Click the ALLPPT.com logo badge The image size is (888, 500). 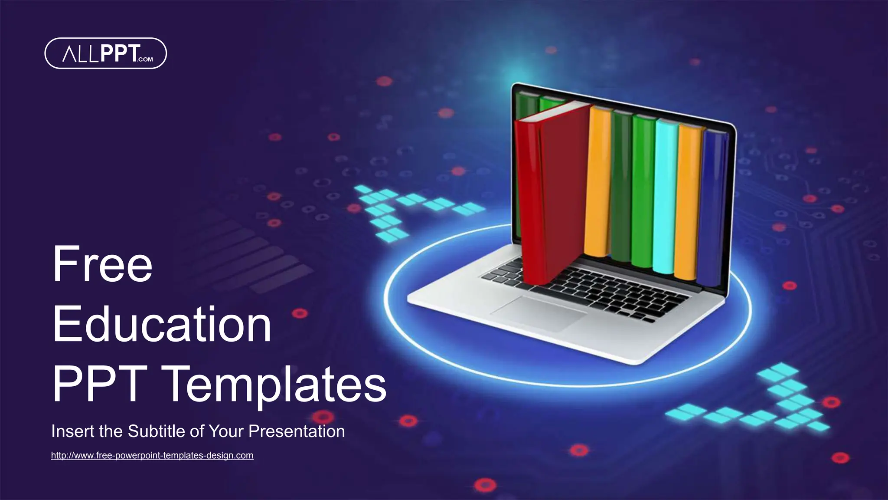pyautogui.click(x=105, y=53)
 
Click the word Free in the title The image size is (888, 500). pyautogui.click(x=102, y=264)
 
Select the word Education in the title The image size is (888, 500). pyautogui.click(x=162, y=324)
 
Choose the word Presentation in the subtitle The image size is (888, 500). pyautogui.click(x=297, y=431)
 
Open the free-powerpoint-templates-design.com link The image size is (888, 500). pyautogui.click(x=152, y=455)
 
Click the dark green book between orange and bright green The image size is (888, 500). pyautogui.click(x=621, y=187)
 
